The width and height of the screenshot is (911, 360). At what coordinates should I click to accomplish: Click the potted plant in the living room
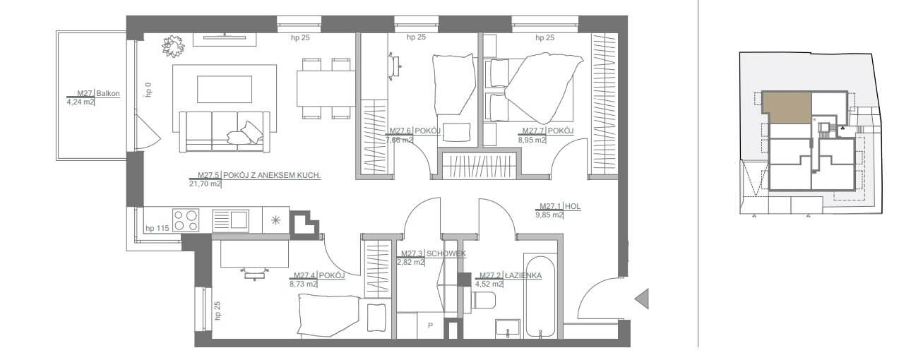coord(174,47)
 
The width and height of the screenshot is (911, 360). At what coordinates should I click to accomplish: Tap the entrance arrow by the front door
coord(642,299)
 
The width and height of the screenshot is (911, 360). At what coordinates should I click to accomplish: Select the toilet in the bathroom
coord(483,301)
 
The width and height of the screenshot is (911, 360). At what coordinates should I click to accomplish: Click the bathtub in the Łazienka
coord(540,296)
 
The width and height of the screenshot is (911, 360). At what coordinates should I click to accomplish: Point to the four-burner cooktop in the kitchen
coord(186,220)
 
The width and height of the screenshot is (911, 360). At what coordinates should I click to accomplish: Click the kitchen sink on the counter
coord(231,221)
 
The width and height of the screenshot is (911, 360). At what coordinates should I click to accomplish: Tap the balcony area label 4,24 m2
coord(81,102)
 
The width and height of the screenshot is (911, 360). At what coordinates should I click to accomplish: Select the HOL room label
coord(573,206)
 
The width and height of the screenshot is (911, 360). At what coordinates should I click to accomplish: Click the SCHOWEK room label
coord(446,254)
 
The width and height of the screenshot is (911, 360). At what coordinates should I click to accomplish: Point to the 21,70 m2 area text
coord(205,184)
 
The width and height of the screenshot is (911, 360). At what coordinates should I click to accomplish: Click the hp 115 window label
coord(157,228)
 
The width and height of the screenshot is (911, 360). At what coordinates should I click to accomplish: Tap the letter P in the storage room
coord(430,325)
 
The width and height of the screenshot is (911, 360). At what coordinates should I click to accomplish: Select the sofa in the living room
coord(225,132)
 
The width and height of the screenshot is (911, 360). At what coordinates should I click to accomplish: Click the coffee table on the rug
coord(224,89)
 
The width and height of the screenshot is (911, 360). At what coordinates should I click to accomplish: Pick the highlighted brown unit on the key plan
coord(787,107)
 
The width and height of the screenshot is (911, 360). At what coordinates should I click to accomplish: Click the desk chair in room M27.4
coord(254,272)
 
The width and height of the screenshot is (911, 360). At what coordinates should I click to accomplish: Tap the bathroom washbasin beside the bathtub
coord(508,328)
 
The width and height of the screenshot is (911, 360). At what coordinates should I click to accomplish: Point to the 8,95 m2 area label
coord(532,140)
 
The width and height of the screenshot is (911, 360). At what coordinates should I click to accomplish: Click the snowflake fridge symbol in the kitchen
coord(275,220)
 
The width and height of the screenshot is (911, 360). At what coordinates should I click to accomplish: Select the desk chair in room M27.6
coord(395,65)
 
